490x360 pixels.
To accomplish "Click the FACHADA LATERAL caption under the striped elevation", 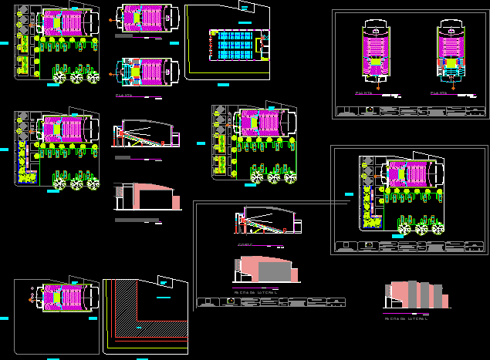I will click(406, 316).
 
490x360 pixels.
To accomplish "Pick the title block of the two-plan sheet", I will click(408, 111).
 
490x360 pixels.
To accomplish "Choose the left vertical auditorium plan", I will click(375, 54).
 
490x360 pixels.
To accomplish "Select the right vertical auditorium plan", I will click(449, 54).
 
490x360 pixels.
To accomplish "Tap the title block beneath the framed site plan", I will click(409, 247).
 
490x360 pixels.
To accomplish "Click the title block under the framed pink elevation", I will click(269, 301).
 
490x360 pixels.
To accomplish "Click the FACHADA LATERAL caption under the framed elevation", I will click(255, 292).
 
